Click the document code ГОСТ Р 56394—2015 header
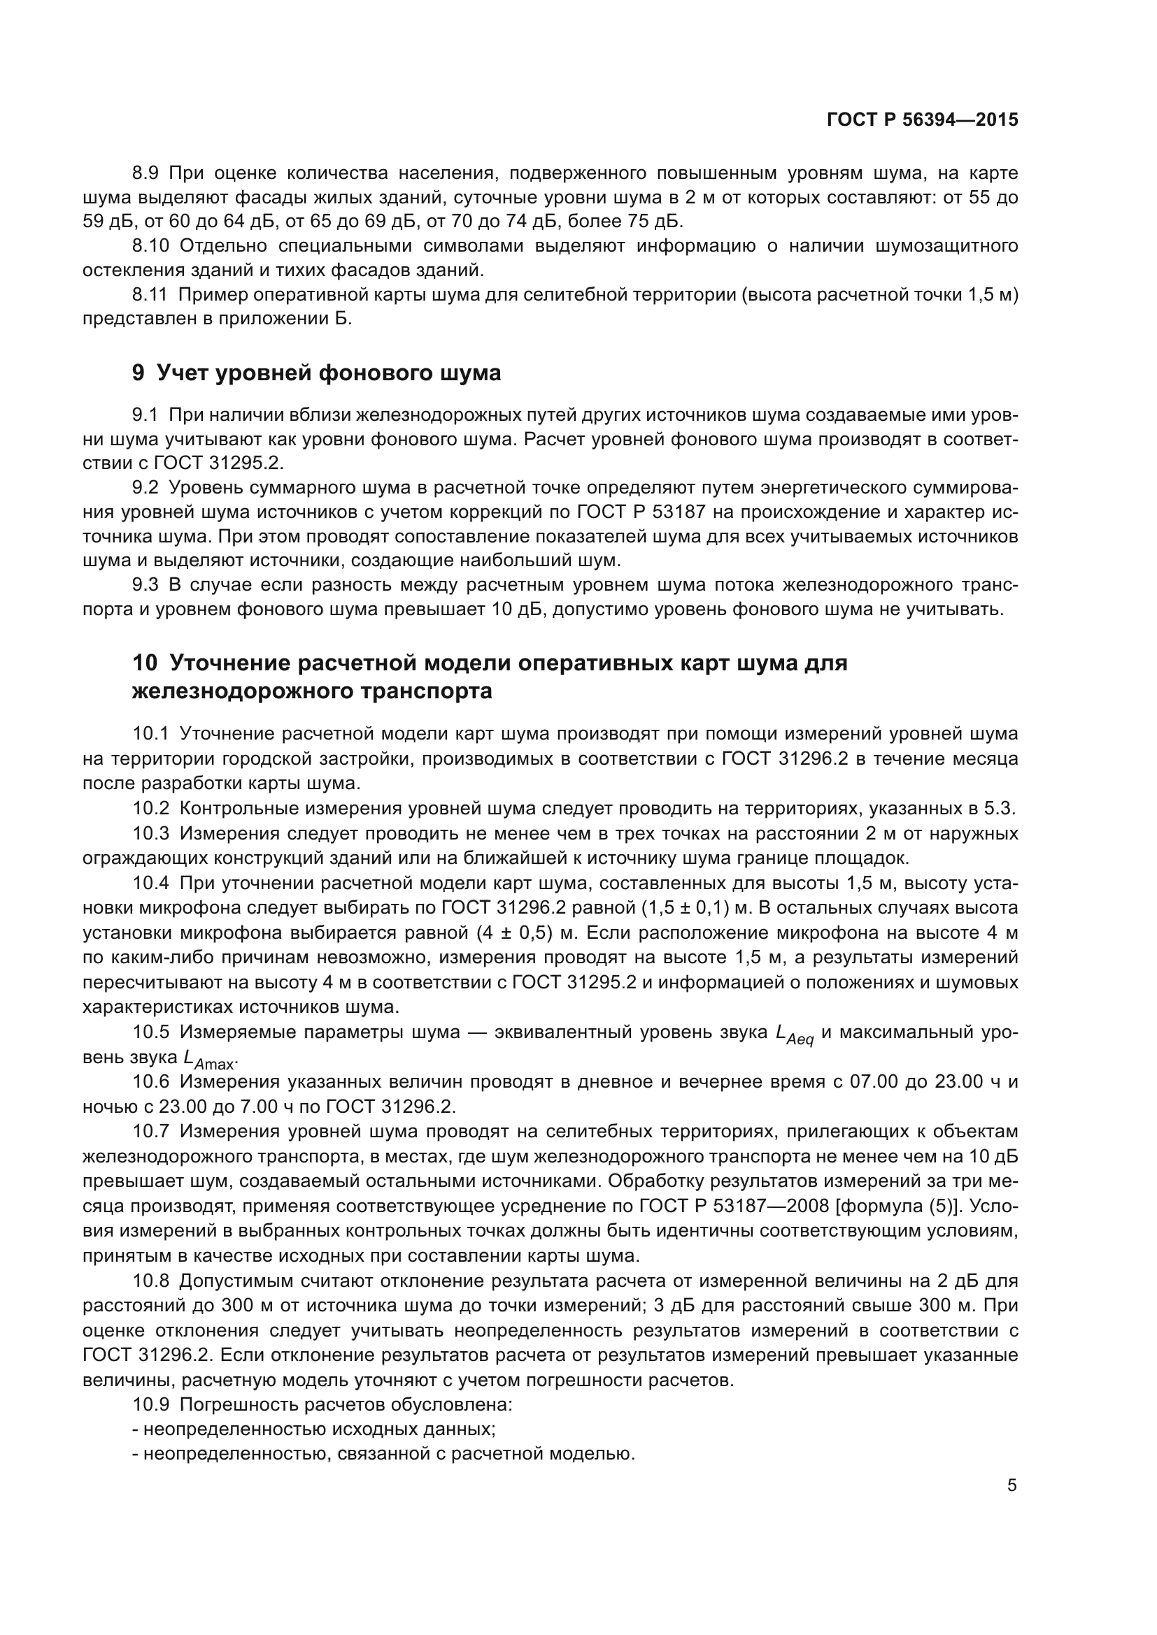[922, 120]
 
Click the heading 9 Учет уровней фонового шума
[316, 373]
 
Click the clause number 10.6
[151, 1082]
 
